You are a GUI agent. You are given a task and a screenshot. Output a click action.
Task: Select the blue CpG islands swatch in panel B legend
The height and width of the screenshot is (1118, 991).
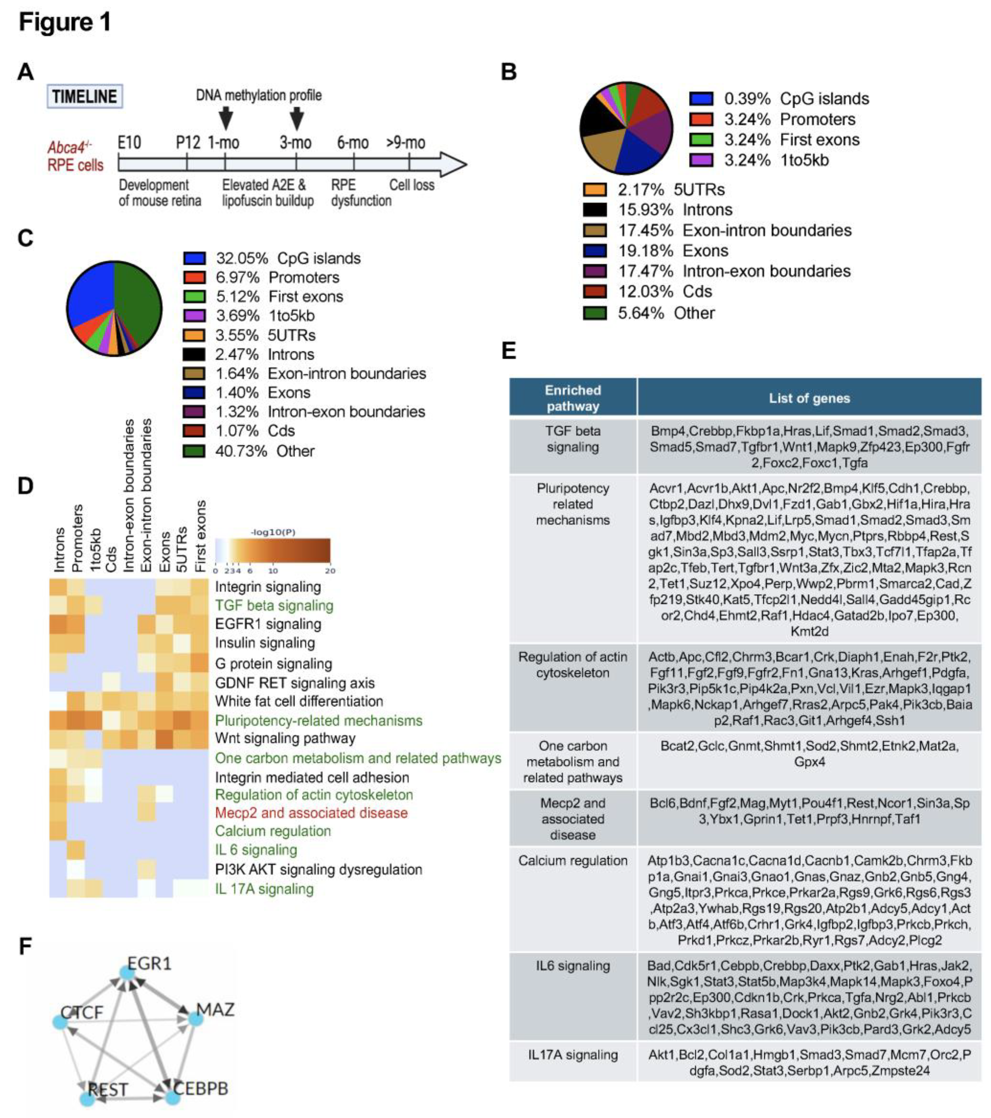(701, 99)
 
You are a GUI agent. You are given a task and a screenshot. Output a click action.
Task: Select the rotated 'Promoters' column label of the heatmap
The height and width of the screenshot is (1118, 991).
(78, 538)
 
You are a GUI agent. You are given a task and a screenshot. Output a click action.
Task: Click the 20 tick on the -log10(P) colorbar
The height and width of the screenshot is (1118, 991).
(330, 570)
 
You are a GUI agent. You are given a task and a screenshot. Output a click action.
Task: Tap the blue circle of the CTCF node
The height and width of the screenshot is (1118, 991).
(60, 1022)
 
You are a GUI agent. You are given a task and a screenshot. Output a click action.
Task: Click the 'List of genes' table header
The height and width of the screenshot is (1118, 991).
(809, 398)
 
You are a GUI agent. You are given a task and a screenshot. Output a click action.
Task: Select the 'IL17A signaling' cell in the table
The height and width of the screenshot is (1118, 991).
(573, 1055)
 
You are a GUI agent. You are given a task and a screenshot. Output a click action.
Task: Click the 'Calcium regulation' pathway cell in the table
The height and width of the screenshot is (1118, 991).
(573, 860)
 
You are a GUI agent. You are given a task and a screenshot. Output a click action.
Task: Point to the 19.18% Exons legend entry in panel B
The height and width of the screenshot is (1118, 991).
(673, 251)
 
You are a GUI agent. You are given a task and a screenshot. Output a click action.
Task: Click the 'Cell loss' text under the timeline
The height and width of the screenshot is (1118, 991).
(412, 185)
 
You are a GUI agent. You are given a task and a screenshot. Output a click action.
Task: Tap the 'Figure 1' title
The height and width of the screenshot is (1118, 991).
(64, 22)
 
